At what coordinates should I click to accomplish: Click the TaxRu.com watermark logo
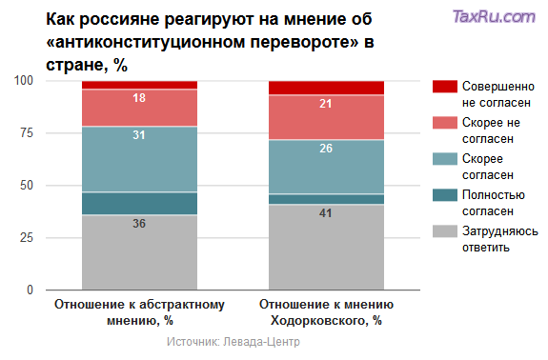(x=494, y=16)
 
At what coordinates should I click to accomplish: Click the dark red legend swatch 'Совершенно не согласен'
(x=445, y=87)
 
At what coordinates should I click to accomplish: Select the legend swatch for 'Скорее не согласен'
(x=445, y=123)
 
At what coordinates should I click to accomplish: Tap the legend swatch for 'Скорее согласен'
(x=445, y=159)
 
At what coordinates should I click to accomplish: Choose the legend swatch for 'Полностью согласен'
(x=445, y=195)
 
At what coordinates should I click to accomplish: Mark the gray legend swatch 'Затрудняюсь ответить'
(x=445, y=231)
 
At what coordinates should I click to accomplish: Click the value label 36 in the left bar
(x=139, y=224)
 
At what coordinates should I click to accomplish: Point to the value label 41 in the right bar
(x=326, y=213)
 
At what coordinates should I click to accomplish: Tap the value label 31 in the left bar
(x=139, y=135)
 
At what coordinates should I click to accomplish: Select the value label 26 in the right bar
(x=326, y=149)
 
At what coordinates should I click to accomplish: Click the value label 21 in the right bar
(x=326, y=104)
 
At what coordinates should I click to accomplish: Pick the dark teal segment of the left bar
(x=139, y=203)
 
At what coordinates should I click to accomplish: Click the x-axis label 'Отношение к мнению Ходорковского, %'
(x=326, y=312)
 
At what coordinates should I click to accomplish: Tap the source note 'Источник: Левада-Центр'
(x=233, y=341)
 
